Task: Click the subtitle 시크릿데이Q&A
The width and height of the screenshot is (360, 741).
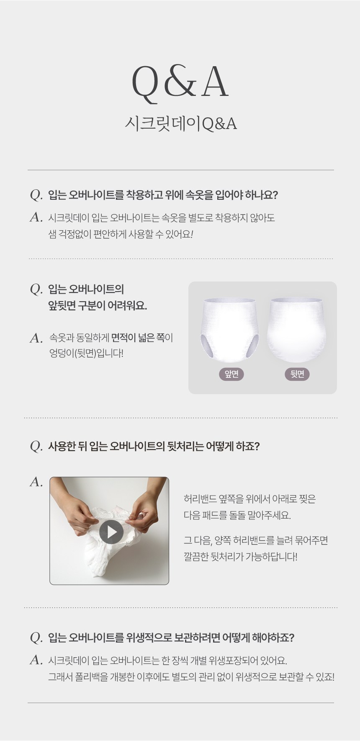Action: pos(180,124)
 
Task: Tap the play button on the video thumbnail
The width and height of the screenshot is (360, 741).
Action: pos(111,532)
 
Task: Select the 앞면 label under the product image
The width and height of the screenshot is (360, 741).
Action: pos(231,374)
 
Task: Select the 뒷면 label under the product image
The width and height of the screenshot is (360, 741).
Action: pos(297,374)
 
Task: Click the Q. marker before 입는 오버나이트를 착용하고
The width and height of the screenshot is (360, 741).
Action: pos(37,196)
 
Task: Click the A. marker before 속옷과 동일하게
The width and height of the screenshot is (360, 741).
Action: pos(36,338)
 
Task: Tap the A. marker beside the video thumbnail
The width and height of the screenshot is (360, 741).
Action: pos(36,482)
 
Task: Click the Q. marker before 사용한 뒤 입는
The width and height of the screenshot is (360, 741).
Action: pos(37,447)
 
